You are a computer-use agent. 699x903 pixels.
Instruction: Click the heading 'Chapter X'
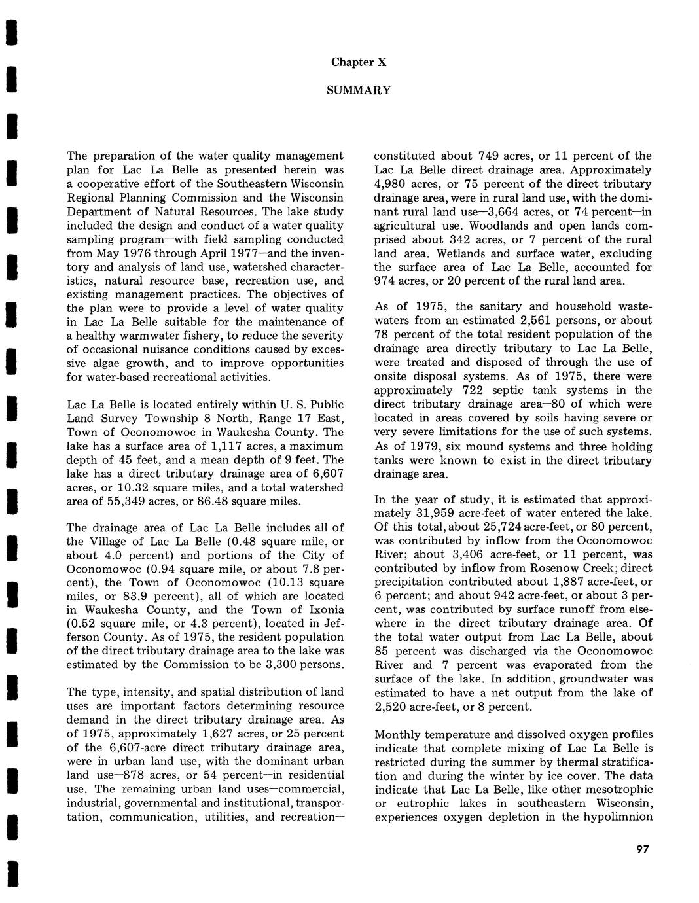point(358,63)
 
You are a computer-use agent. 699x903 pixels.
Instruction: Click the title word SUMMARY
point(359,90)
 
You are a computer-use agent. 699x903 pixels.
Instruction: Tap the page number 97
point(641,850)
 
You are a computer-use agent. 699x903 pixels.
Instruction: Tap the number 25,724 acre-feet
point(512,527)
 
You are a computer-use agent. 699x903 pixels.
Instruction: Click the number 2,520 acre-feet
point(393,707)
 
